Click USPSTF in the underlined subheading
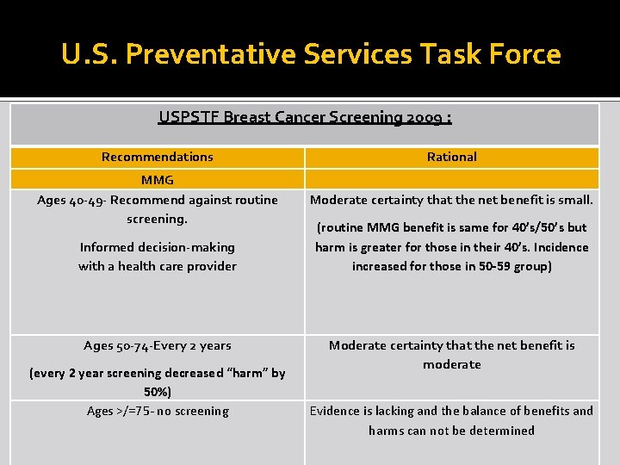(189, 117)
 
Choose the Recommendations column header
(157, 157)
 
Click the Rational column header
(451, 157)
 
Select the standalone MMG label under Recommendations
(157, 180)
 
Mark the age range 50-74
(121, 345)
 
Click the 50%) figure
(157, 392)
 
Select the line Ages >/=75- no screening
(157, 411)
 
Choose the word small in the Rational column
(575, 200)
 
